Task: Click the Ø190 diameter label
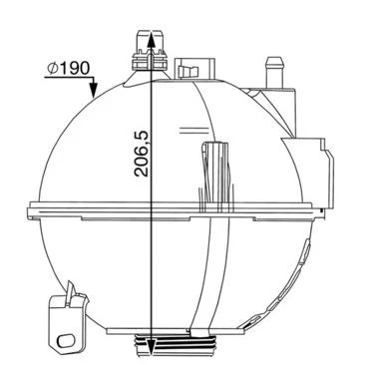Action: [x=68, y=68]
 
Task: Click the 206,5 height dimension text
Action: [x=142, y=153]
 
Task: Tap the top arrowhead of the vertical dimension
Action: [x=152, y=38]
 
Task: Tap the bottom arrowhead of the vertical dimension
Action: [x=152, y=347]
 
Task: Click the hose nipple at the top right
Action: [x=274, y=72]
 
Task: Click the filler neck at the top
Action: [x=149, y=51]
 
